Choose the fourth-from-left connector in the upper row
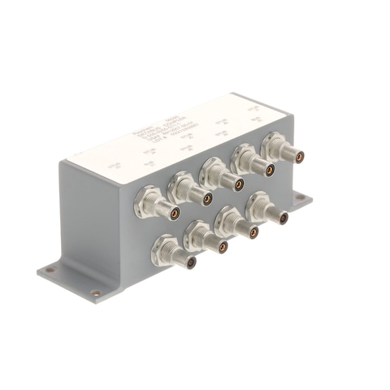point(255,163)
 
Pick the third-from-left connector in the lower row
point(238,225)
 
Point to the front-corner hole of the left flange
point(96,293)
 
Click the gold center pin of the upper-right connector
point(299,157)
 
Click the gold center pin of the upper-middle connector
point(239,184)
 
